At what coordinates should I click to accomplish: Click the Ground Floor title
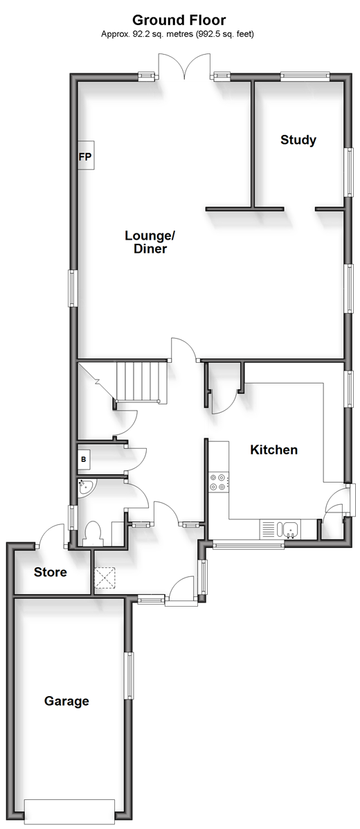point(179,21)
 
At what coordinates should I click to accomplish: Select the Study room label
point(298,140)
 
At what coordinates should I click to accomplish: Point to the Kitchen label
point(274,450)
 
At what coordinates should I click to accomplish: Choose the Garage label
point(66,702)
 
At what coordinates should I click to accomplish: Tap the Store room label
point(51,571)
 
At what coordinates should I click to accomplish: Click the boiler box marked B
point(84,459)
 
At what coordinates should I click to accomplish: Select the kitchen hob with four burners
point(219,481)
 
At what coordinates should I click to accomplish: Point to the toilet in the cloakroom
point(93,533)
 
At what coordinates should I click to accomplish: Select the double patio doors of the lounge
point(184,66)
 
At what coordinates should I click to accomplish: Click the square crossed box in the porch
point(105,578)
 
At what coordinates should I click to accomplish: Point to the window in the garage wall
point(129,675)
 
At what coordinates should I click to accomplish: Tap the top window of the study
point(305,75)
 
